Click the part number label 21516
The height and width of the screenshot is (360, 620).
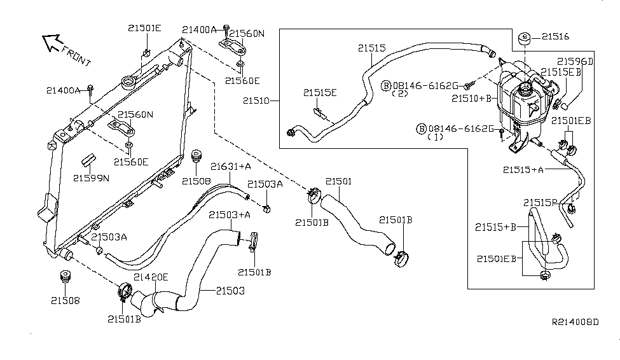pyautogui.click(x=556, y=38)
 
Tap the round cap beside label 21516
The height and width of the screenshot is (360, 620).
pyautogui.click(x=525, y=38)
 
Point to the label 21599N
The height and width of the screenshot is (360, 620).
pyautogui.click(x=91, y=178)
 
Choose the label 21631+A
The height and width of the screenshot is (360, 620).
pyautogui.click(x=231, y=167)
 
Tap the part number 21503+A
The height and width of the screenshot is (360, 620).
pyautogui.click(x=230, y=215)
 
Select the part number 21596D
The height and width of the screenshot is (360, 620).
pyautogui.click(x=575, y=62)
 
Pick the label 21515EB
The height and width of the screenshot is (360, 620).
pyautogui.click(x=561, y=73)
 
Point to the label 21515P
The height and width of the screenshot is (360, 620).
pyautogui.click(x=541, y=203)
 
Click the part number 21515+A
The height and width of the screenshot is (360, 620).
pyautogui.click(x=523, y=170)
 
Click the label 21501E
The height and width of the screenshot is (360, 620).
pyautogui.click(x=144, y=28)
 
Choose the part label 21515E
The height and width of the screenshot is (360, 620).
pyautogui.click(x=320, y=93)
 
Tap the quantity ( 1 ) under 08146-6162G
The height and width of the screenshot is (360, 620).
pyautogui.click(x=435, y=137)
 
